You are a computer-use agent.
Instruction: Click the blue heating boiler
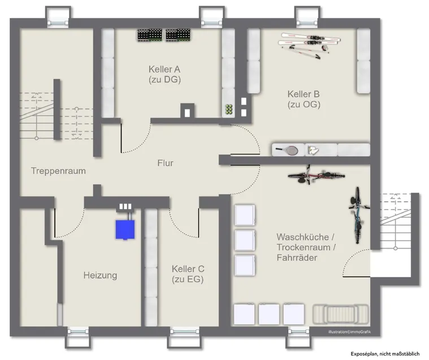pyautogui.click(x=125, y=229)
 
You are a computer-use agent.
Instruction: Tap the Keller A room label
pyautogui.click(x=164, y=74)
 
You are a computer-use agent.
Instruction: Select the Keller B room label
pyautogui.click(x=304, y=99)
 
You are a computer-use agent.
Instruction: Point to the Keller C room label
pyautogui.click(x=188, y=274)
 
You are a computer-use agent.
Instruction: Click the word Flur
pyautogui.click(x=165, y=163)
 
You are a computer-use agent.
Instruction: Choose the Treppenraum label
pyautogui.click(x=58, y=171)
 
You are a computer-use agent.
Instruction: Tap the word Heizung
pyautogui.click(x=100, y=275)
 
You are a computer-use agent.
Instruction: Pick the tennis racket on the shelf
pyautogui.click(x=287, y=150)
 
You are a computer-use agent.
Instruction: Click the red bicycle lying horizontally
pyautogui.click(x=316, y=175)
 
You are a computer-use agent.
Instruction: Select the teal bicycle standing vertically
pyautogui.click(x=357, y=215)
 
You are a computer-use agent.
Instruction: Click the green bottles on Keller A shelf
pyautogui.click(x=229, y=110)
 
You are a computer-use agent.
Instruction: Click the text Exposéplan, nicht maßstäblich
pyautogui.click(x=385, y=354)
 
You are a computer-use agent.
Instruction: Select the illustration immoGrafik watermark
pyautogui.click(x=350, y=332)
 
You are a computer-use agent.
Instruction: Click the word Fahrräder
pyautogui.click(x=297, y=258)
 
